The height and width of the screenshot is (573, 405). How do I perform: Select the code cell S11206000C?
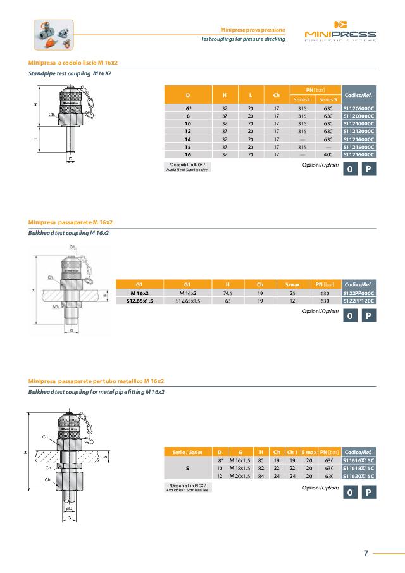click(359, 108)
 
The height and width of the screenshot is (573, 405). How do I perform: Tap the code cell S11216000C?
click(359, 154)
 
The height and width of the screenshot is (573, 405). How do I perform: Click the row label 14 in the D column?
click(188, 139)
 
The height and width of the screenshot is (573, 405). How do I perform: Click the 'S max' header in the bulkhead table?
click(292, 284)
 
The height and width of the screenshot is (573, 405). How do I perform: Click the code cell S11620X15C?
click(359, 475)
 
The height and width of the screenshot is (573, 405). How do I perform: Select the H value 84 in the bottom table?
click(261, 475)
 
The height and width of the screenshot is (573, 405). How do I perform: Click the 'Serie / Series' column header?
click(187, 451)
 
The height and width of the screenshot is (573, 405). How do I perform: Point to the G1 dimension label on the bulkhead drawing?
click(72, 246)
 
